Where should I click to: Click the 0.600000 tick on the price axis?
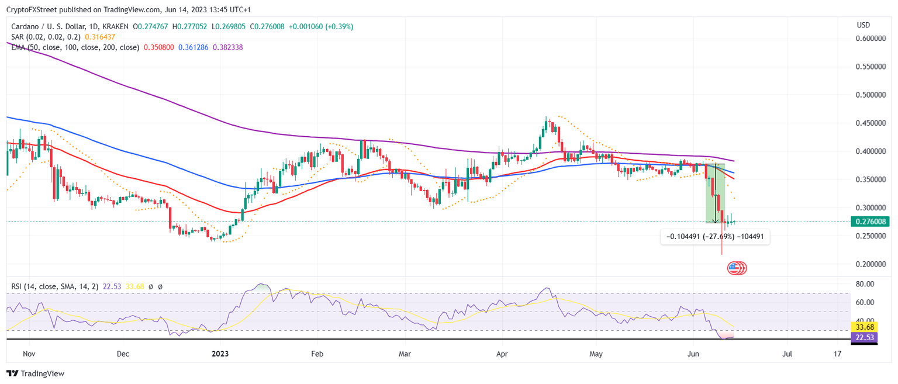(x=871, y=39)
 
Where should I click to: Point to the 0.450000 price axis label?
(x=871, y=123)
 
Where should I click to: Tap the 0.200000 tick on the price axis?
(x=871, y=264)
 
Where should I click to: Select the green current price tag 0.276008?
(x=871, y=222)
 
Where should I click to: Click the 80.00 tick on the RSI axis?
(x=865, y=284)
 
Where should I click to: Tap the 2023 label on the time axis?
(x=220, y=354)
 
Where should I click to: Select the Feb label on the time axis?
(x=317, y=354)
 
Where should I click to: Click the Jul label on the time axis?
(x=788, y=354)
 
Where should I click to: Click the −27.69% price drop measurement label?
(x=715, y=237)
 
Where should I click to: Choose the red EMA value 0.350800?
(x=158, y=47)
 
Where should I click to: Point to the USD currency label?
(x=864, y=25)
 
